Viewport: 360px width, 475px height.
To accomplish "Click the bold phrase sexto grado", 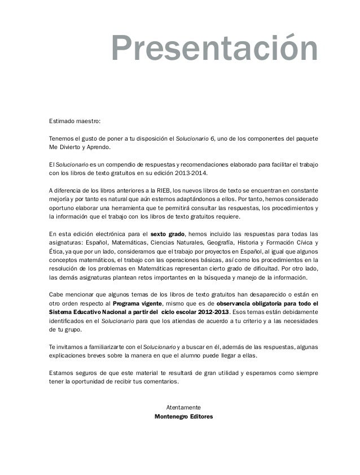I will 169,233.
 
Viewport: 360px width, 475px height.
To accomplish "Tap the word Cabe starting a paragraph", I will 57,294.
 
